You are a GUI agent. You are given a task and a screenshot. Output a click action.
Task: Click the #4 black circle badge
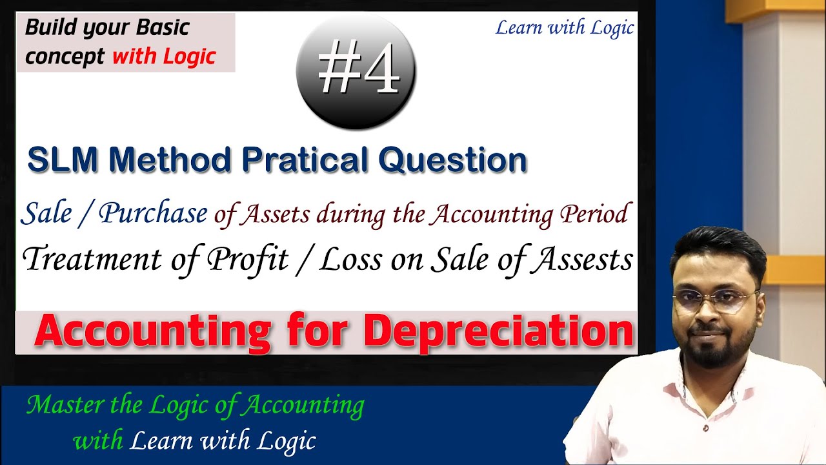[x=356, y=72]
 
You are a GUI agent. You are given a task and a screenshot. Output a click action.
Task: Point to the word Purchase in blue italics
[x=154, y=214]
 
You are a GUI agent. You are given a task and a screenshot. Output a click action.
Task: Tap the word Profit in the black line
[x=247, y=260]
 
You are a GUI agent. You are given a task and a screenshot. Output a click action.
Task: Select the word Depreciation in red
[x=498, y=332]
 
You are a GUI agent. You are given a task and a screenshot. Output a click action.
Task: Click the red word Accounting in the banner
[x=153, y=332]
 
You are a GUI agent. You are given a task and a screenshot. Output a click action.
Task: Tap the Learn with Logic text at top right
[x=564, y=28]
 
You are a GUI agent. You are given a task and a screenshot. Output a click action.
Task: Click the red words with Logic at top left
[x=163, y=57]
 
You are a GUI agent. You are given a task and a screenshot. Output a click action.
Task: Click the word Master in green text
[x=62, y=406]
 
